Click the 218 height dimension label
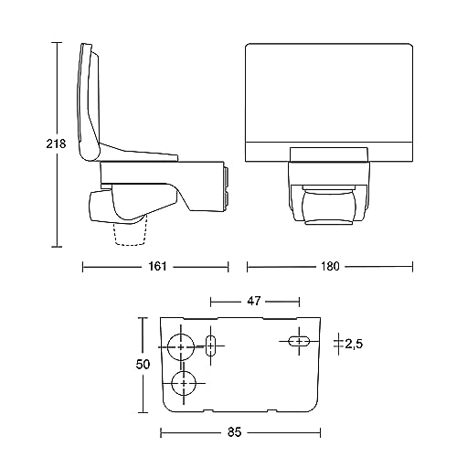(x=56, y=143)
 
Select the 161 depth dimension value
(x=157, y=267)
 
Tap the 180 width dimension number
(x=330, y=267)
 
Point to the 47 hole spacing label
(x=254, y=302)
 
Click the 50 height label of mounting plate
(x=143, y=365)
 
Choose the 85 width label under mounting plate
(x=234, y=432)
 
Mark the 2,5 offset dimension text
(x=354, y=345)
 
